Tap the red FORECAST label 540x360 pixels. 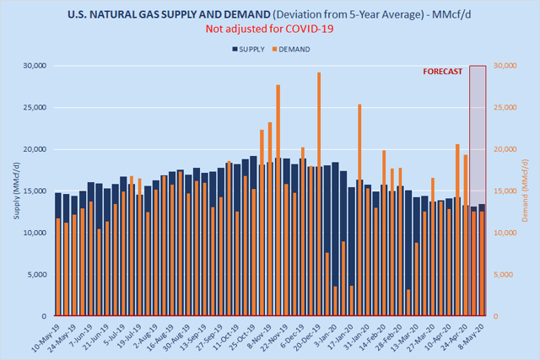442,72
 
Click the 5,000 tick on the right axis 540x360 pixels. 505,275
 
